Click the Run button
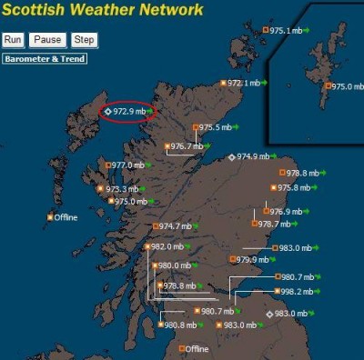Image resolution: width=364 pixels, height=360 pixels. point(13,40)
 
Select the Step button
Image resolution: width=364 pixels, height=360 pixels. point(84,40)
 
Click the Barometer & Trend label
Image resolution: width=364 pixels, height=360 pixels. point(44,59)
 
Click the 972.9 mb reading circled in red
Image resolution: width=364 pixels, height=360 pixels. point(129,110)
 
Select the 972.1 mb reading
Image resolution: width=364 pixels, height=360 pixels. point(243,83)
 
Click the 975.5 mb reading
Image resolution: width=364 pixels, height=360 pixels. point(216,127)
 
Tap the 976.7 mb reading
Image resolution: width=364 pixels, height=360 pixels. point(187,145)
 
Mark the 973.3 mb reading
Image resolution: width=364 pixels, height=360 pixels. point(122,189)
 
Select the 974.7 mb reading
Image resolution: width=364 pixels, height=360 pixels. point(175,225)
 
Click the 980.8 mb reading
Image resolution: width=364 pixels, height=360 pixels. point(182,325)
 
